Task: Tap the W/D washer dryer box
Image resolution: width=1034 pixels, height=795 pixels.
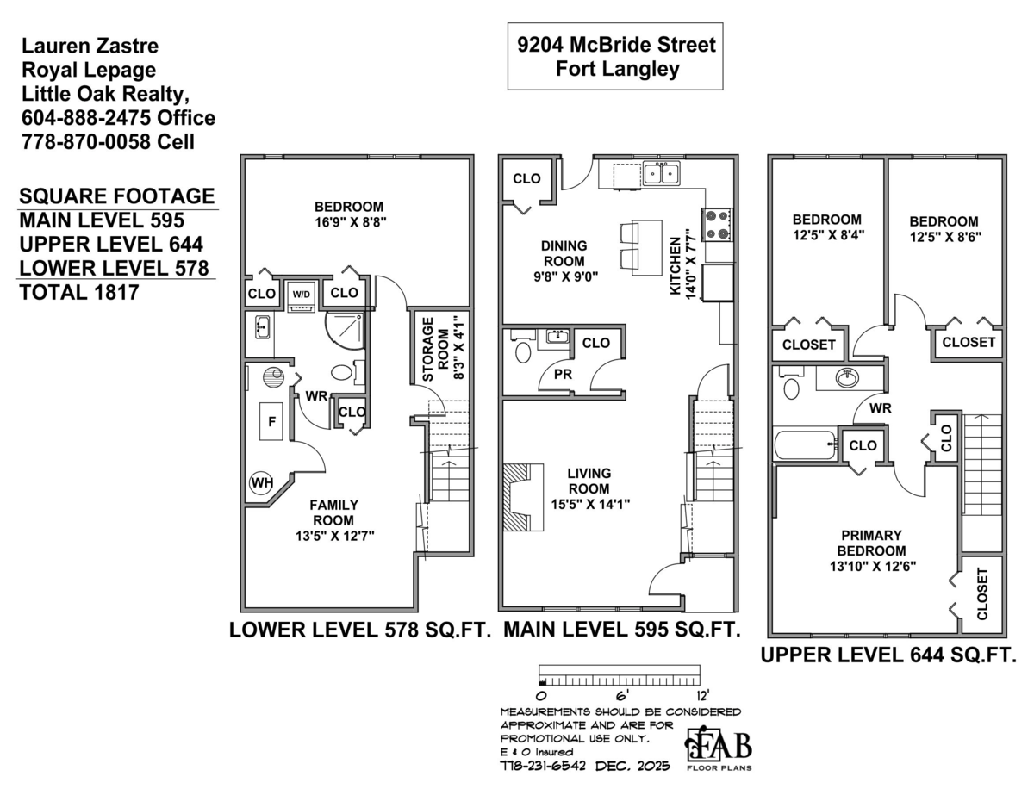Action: pos(301,294)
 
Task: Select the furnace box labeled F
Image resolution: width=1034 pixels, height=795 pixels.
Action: pos(272,422)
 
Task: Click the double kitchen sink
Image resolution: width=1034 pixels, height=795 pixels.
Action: pos(661,174)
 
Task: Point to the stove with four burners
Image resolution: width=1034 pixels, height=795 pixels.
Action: pos(718,224)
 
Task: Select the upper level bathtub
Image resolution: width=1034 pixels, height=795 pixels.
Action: pos(804,445)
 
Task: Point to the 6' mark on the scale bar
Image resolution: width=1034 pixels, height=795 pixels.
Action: pos(620,694)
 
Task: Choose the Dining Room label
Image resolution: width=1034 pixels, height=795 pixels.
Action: pos(564,253)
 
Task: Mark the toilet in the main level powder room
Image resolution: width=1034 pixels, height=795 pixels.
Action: pos(521,353)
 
